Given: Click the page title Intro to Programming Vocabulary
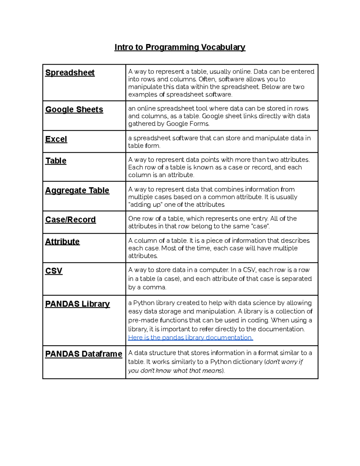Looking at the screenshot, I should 180,47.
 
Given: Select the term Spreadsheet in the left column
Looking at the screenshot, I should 70,73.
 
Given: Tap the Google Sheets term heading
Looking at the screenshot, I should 74,110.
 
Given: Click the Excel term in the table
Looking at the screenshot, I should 56,139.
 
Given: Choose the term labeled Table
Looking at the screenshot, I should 56,161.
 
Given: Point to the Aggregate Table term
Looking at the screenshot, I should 77,191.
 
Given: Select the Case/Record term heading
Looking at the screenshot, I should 70,220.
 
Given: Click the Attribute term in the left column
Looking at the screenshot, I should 62,242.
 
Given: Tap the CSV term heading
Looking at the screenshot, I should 54,271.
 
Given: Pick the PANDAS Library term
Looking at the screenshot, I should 77,304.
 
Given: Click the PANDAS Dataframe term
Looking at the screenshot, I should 84,354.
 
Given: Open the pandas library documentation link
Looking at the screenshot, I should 190,338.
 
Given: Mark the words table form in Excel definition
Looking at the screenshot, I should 144,146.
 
